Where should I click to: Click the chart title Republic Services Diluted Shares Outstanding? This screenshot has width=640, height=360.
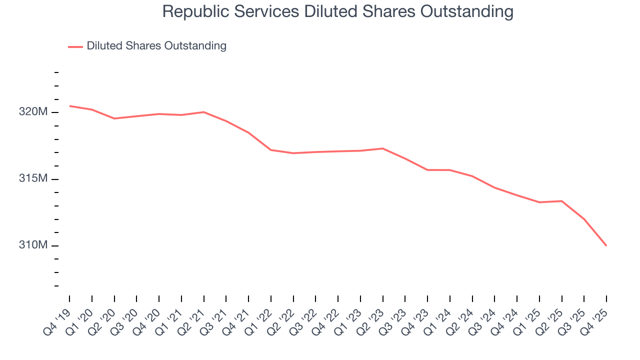(337, 11)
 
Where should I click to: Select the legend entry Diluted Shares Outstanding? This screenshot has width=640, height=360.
(156, 46)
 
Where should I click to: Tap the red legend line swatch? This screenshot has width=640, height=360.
(75, 46)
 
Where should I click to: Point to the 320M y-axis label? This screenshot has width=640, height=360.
(33, 112)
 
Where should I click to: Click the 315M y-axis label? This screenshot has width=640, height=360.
(33, 179)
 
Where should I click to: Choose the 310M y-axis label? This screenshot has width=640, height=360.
(33, 245)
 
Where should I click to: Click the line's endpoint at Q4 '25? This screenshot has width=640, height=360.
(606, 245)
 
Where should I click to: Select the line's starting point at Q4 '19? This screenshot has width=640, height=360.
(69, 106)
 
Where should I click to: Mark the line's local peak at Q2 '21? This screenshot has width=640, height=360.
(203, 112)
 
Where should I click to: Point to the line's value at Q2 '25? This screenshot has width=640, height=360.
(561, 201)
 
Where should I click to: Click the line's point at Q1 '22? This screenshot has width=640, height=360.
(271, 150)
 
